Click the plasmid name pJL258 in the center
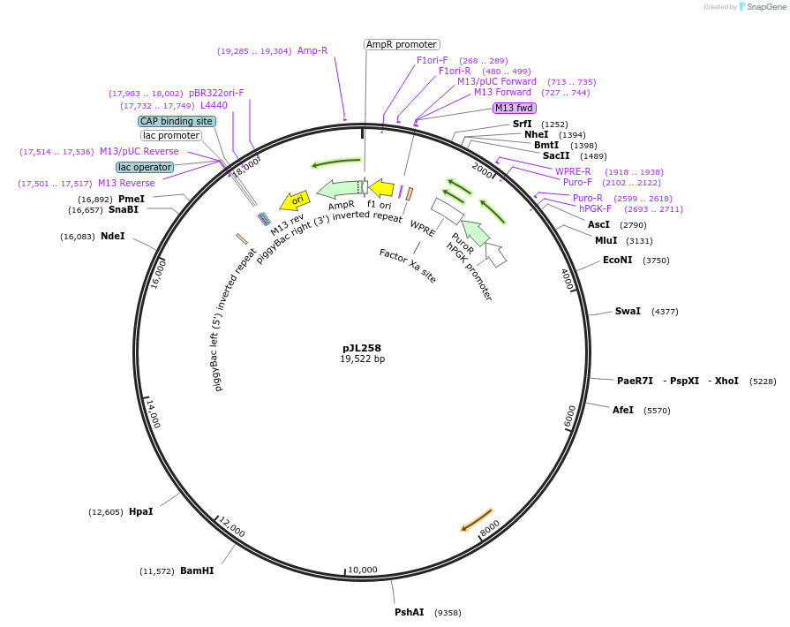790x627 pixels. tap(362, 348)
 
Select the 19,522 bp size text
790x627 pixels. tap(362, 359)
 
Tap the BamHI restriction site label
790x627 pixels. tap(197, 571)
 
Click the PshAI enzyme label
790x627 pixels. tap(410, 612)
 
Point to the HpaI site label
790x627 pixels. tap(140, 512)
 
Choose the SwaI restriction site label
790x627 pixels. tap(628, 312)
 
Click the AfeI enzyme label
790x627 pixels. tap(623, 411)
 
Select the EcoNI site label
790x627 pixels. tap(617, 261)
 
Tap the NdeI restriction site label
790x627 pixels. tap(113, 237)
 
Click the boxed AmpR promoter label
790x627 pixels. tap(402, 44)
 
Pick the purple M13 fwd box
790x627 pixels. tap(515, 108)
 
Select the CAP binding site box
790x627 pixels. tap(176, 121)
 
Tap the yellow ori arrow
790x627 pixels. tap(293, 200)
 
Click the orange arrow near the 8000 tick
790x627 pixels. tap(477, 520)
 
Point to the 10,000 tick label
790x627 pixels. tap(362, 570)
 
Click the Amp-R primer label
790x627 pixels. tap(312, 50)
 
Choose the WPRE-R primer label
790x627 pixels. tap(573, 171)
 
